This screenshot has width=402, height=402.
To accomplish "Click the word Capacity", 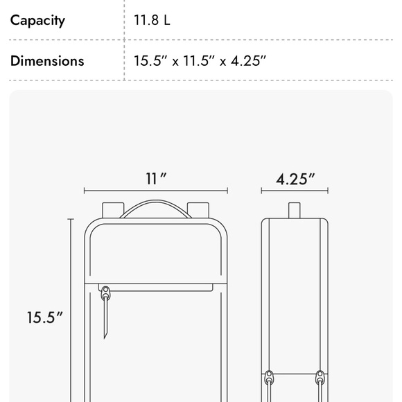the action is click(37, 21).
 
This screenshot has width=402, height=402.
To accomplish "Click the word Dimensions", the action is click(47, 61).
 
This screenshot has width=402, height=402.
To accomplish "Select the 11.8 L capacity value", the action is click(152, 20).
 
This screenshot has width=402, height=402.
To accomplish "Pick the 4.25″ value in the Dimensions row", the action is click(248, 61).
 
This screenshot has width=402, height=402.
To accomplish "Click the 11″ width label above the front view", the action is click(156, 179).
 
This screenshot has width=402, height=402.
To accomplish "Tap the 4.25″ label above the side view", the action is click(295, 179).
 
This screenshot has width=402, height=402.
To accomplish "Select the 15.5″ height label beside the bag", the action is click(44, 317).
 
